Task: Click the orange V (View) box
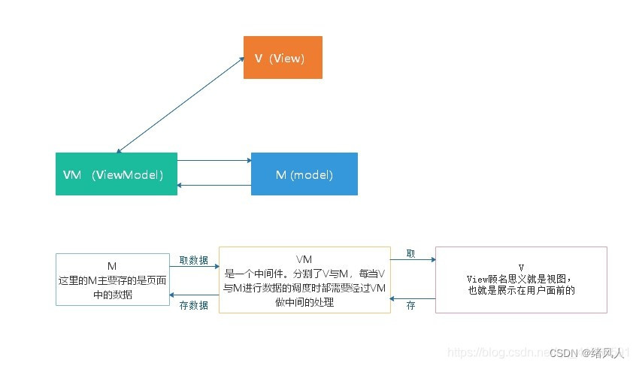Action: tap(283, 58)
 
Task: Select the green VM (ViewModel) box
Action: tap(117, 174)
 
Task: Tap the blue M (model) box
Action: tap(304, 174)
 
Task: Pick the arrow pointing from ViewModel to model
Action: tap(214, 160)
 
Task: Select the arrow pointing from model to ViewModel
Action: tap(214, 185)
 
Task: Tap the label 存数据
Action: tap(193, 305)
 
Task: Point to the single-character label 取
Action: tap(410, 253)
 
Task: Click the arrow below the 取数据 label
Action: tap(193, 267)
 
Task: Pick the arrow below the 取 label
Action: tap(413, 260)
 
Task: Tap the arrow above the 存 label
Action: tap(413, 298)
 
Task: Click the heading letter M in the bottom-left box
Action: tap(111, 267)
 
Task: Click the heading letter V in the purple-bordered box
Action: tap(520, 268)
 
